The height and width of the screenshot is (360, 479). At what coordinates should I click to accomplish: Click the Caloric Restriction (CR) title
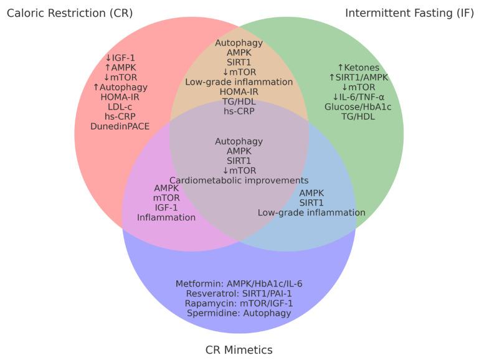69,13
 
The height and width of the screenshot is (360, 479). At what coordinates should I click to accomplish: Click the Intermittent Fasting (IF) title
409,13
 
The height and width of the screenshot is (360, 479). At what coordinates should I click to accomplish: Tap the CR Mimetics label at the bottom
239,349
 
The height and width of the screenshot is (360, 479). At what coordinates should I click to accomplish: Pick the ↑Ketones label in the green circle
358,68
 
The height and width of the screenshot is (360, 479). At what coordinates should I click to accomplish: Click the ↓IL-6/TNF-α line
358,97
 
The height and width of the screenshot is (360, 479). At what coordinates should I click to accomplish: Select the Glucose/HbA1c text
358,107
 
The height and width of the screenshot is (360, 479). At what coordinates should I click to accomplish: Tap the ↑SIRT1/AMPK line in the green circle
358,77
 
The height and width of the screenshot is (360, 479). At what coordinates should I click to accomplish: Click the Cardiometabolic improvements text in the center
239,181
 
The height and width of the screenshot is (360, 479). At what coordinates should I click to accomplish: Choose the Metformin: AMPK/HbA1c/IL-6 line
239,284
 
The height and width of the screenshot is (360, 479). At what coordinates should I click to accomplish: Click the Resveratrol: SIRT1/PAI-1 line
239,293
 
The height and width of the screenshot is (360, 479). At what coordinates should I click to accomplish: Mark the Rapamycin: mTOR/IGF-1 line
239,303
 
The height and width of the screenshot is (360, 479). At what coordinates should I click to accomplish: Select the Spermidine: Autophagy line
239,313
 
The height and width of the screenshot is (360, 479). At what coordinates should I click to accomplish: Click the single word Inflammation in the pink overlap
166,217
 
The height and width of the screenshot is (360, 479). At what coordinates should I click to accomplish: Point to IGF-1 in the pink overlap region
166,207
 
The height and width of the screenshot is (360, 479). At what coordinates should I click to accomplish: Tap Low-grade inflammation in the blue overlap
311,212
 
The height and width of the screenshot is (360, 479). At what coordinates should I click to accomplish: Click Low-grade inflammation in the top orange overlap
239,82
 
